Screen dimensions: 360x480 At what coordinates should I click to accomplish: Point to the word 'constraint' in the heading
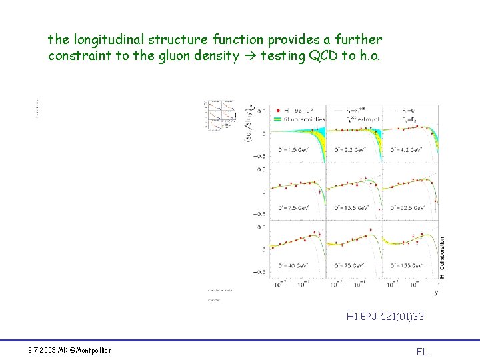tap(79, 56)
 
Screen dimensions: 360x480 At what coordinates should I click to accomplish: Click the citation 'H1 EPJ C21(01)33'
tap(385, 317)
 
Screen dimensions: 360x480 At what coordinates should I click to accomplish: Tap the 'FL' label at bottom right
tap(422, 352)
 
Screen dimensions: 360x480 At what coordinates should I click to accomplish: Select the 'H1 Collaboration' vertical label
tap(442, 257)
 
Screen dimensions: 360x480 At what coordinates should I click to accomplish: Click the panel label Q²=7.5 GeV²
tap(286, 208)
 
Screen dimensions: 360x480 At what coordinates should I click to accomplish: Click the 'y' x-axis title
tap(436, 291)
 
